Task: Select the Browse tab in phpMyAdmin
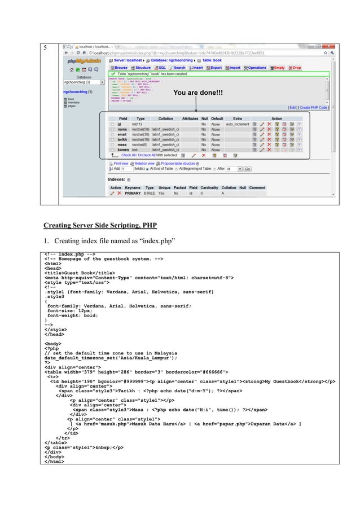[120, 67]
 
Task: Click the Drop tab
[296, 67]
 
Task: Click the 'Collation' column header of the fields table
[165, 119]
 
